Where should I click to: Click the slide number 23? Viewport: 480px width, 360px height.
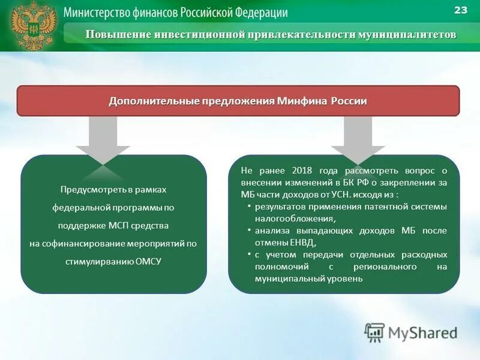461,10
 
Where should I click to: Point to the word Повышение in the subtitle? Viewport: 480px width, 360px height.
118,34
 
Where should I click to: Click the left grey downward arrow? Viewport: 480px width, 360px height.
103,141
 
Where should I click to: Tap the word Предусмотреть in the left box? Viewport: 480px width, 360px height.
88,190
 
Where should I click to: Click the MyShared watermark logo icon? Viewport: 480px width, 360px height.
375,332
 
